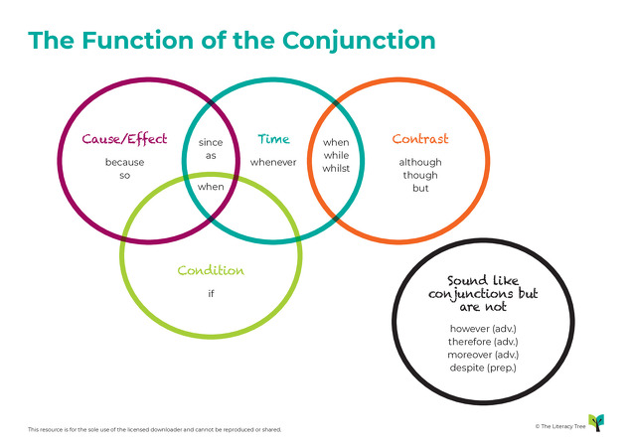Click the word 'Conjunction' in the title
click(360, 40)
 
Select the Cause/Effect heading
click(125, 140)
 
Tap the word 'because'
click(125, 162)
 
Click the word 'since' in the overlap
click(211, 142)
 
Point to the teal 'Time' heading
click(273, 140)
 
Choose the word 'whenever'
click(273, 162)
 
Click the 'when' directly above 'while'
click(336, 142)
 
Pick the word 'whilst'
click(336, 169)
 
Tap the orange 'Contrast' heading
click(420, 140)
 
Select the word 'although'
click(420, 162)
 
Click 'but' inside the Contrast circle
click(420, 188)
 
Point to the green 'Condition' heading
click(211, 271)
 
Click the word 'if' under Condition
click(211, 293)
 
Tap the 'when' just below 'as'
click(211, 186)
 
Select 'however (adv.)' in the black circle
click(483, 327)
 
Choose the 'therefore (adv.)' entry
click(483, 341)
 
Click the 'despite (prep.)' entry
click(483, 368)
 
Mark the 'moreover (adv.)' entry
click(483, 354)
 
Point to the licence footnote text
click(154, 429)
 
